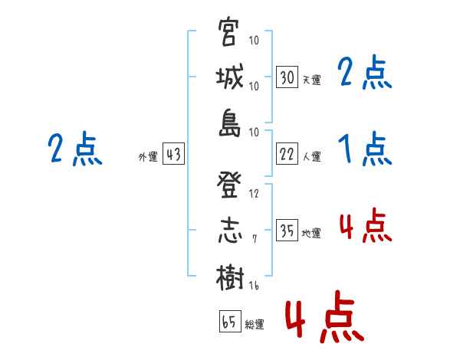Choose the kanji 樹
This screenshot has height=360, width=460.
coord(229,276)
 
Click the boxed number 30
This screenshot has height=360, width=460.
coord(287,77)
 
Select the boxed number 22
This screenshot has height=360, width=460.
coord(287,154)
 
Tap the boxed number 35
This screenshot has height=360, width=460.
coord(287,231)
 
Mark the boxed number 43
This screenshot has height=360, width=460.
coord(173,154)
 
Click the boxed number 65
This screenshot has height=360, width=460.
coord(229,321)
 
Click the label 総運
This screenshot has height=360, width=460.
coord(255,324)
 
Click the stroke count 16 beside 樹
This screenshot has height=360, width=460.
coord(254,285)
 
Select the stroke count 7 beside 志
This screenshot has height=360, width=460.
coord(255,239)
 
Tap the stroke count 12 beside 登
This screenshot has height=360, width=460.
coord(254,193)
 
